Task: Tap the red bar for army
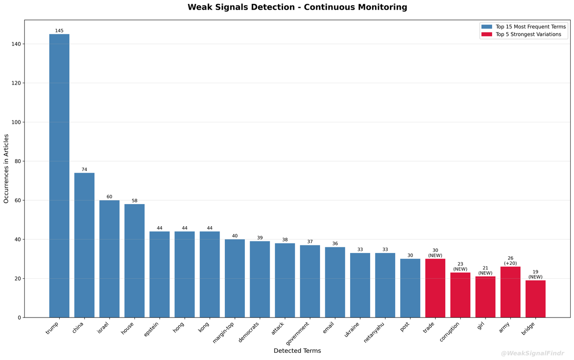pos(510,292)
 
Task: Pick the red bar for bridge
pos(535,299)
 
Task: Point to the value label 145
pos(59,31)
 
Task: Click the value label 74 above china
pos(84,170)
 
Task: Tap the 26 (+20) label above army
pos(510,261)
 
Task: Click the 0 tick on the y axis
pos(19,317)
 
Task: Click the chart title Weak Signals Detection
pos(297,7)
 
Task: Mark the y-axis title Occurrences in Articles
pos(6,168)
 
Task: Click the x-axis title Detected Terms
pos(297,351)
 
